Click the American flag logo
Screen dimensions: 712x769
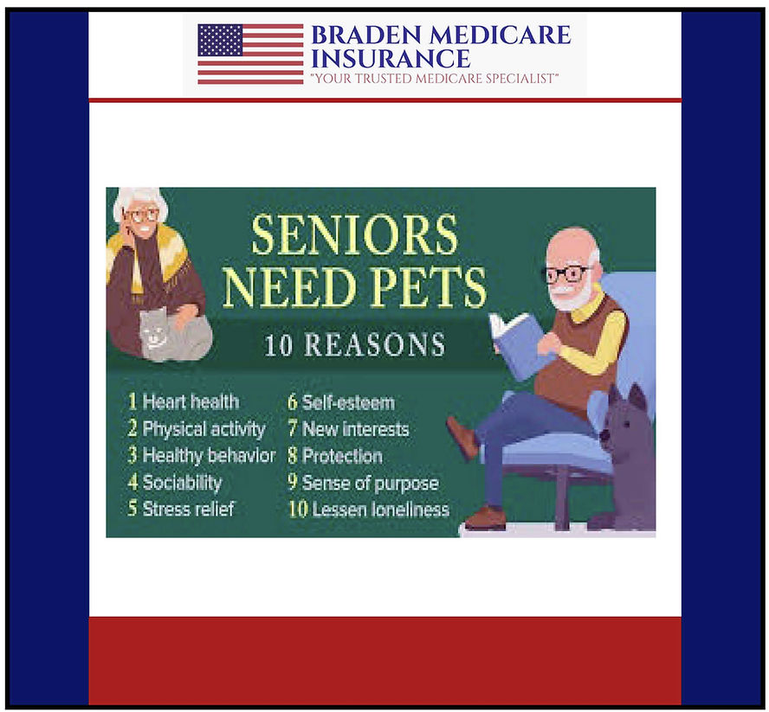[249, 54]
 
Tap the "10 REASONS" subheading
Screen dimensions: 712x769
[354, 344]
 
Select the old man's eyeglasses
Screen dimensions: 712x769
[566, 274]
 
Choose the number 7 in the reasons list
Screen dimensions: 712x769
[293, 429]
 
